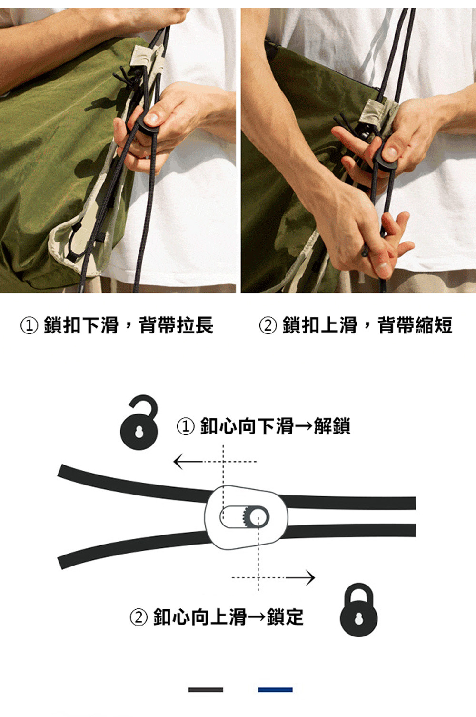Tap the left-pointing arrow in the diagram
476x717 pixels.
[x=215, y=462]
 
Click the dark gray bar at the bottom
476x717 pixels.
[x=206, y=690]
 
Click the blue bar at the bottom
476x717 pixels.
[x=276, y=690]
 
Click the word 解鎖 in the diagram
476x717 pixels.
[x=332, y=426]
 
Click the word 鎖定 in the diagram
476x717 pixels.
[x=285, y=617]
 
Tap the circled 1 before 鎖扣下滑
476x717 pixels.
[x=29, y=325]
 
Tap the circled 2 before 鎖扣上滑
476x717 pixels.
[x=268, y=325]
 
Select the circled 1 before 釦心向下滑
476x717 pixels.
[x=186, y=426]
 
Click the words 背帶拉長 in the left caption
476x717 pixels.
[x=176, y=325]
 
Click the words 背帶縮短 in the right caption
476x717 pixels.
[x=415, y=325]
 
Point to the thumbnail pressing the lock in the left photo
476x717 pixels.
[x=152, y=118]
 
